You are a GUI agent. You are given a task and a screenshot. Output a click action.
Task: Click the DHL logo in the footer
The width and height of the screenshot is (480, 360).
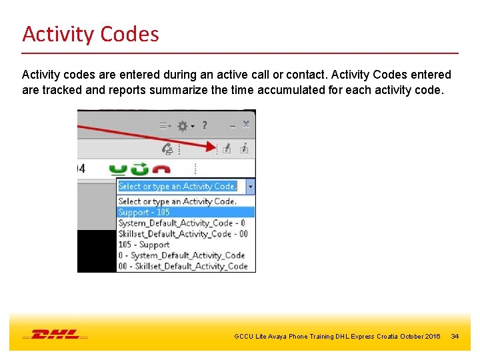coord(55,334)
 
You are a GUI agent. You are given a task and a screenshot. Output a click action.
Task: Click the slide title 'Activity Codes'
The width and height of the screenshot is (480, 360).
coord(91,33)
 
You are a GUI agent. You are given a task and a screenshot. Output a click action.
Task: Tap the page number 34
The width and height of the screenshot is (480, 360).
coord(455,337)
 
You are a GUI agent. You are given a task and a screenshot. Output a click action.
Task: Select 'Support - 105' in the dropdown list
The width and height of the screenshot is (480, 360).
coord(144,212)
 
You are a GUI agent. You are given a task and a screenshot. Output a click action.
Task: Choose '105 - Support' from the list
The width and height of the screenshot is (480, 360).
coord(144,245)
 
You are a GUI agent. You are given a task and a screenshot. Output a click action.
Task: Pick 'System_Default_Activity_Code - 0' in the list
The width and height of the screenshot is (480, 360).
coord(181,223)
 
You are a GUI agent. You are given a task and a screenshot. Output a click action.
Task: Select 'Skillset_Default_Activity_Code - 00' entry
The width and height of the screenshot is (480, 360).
coord(183,234)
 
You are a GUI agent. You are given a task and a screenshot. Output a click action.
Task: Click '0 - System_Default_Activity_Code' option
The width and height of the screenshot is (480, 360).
coord(181,255)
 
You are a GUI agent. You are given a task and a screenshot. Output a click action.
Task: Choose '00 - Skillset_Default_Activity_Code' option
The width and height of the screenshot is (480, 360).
coord(183,266)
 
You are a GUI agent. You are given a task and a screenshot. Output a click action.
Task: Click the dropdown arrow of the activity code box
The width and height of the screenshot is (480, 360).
coord(250,187)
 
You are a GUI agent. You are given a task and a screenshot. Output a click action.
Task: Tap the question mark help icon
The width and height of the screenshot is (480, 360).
coord(205,125)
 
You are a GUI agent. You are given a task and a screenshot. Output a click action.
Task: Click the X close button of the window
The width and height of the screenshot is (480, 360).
coord(245,125)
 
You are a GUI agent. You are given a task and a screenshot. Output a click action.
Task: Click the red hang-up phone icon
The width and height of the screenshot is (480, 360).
coord(162,169)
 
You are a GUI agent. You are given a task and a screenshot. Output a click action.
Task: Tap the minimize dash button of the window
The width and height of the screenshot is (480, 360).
coord(231,125)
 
